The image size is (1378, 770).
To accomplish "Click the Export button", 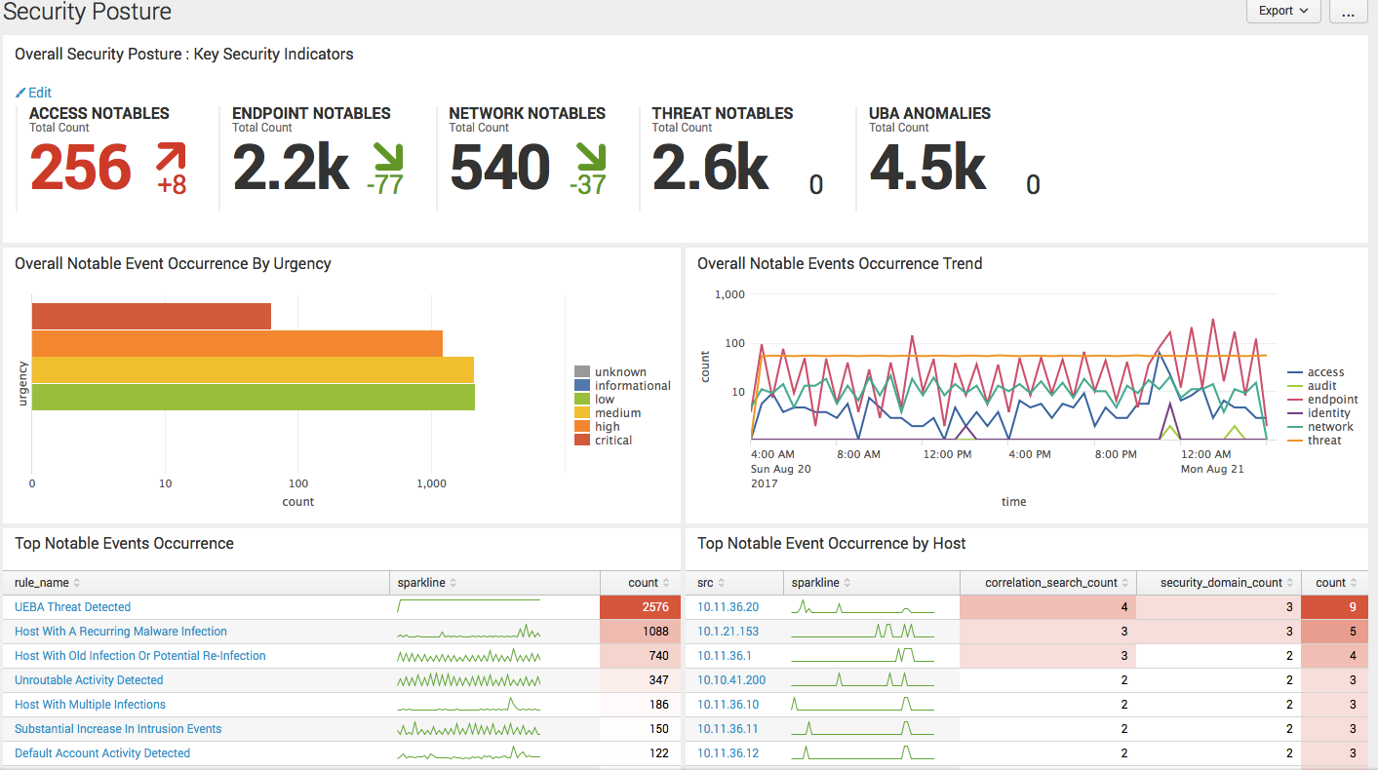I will [1283, 11].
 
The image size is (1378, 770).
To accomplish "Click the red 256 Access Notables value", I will [80, 168].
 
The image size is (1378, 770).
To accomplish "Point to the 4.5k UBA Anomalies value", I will [927, 168].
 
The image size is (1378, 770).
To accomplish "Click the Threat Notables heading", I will [722, 113].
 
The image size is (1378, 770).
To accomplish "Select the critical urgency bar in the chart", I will [151, 316].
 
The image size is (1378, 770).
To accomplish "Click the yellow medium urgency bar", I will [253, 370].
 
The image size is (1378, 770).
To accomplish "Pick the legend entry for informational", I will [632, 386].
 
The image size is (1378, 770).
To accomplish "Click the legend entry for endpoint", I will [1332, 400].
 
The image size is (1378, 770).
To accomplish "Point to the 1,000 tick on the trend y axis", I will [729, 294].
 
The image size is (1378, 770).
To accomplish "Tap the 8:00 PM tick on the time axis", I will [1115, 454].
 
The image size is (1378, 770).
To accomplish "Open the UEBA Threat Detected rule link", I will [72, 607].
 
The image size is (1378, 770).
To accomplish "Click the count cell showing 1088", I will [640, 632].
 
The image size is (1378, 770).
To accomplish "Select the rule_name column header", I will [42, 583].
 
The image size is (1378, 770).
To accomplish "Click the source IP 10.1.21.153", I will [728, 632].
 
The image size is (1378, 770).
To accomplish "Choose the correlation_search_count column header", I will [1051, 583].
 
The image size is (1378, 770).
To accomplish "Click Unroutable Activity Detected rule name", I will [89, 680].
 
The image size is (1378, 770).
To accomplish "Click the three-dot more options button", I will [1348, 12].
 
